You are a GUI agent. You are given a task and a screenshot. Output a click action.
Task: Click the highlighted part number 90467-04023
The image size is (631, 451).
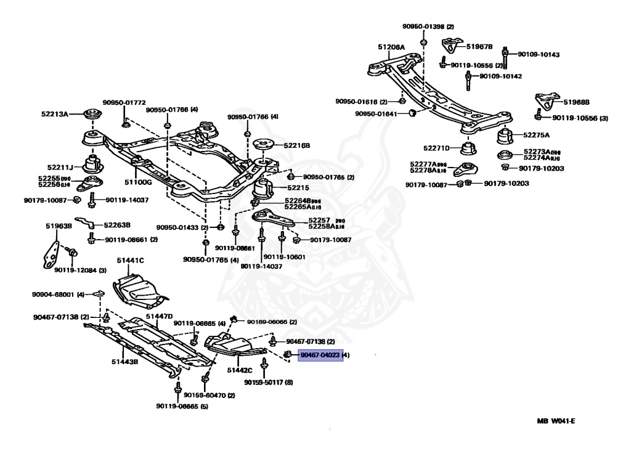coord(320,355)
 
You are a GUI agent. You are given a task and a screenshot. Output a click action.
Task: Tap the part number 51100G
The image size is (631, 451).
coord(138,182)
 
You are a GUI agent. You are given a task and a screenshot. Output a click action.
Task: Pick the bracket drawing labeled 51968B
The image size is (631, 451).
coord(545,100)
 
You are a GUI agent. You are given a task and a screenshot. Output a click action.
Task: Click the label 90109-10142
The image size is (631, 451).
coord(500,76)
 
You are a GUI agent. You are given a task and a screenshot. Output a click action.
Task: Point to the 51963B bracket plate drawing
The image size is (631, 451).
coord(54,253)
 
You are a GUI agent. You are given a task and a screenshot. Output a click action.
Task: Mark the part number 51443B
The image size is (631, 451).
coord(124,362)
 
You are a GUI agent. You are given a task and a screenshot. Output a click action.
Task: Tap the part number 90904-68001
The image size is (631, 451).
coord(53,295)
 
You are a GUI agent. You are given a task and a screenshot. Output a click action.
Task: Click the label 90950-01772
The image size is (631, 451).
coord(124,102)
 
